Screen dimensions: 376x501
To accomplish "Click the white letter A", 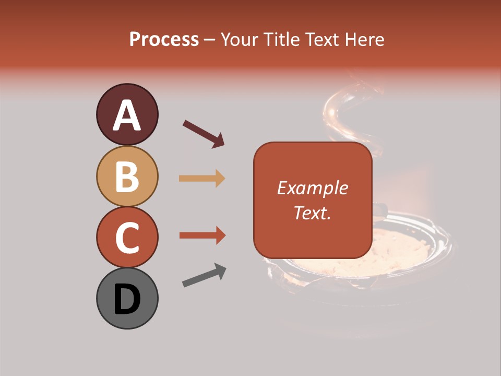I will pos(127,115).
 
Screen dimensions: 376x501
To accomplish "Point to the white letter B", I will pos(127,177).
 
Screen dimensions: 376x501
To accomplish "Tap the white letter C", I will pos(127,238).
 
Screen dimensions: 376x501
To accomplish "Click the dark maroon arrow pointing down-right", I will pos(204,134).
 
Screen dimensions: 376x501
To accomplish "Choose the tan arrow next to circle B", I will pos(202,179).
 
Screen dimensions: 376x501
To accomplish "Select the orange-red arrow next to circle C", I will pos(202,236).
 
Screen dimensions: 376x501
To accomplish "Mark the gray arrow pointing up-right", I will pos(204,275).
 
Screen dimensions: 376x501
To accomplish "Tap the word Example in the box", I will pos(312,188).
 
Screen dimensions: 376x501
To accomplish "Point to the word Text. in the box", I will pos(312,213).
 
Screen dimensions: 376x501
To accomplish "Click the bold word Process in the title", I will pos(164,39).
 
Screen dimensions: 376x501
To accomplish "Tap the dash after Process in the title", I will pos(210,40).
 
